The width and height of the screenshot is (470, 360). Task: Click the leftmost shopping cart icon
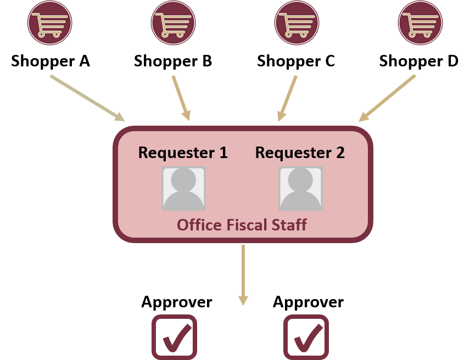pos(49,23)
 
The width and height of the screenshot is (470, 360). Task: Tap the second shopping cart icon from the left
pos(173,23)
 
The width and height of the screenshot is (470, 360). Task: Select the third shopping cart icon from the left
pos(296,23)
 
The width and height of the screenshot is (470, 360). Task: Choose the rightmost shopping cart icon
pos(420,23)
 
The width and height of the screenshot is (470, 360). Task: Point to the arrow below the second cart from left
pos(181,98)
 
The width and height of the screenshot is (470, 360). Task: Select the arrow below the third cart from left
pos(288,98)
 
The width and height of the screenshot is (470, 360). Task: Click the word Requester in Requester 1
pos(175,153)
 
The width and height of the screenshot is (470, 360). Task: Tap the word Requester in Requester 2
pos(292,153)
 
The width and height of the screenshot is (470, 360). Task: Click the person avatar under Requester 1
pos(183,188)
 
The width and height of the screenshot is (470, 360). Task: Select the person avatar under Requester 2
pos(300,188)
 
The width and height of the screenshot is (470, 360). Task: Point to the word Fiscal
pos(251,225)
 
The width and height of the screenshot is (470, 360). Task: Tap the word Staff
pos(292,225)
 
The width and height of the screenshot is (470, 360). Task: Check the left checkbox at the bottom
pos(174,337)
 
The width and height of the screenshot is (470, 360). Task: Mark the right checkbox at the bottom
pos(306,337)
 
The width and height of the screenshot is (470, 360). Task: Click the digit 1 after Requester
pos(223,153)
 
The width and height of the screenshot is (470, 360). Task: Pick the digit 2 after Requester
pos(340,153)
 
